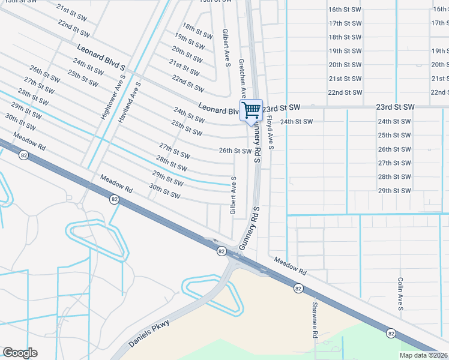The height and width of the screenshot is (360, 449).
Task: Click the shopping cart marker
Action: click(x=252, y=110)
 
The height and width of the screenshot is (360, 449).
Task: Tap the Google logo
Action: click(x=20, y=353)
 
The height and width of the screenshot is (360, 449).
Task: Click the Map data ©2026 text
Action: click(x=423, y=355)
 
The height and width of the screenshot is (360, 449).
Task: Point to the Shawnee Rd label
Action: click(x=314, y=320)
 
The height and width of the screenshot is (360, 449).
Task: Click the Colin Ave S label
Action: click(x=400, y=293)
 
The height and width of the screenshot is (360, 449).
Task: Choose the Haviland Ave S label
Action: click(x=129, y=103)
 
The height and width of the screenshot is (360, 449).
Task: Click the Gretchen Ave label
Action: click(x=243, y=78)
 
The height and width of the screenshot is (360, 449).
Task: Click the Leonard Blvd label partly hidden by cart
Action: click(x=220, y=108)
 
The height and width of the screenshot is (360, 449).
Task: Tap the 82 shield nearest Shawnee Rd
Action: click(x=298, y=289)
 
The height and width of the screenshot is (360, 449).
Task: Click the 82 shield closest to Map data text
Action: click(x=391, y=333)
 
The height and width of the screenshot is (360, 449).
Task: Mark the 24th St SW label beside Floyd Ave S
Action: click(x=297, y=122)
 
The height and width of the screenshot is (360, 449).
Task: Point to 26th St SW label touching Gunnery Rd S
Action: click(x=235, y=151)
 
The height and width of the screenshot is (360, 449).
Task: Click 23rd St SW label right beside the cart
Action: click(x=280, y=107)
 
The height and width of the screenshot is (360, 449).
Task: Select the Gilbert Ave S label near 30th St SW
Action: click(x=233, y=196)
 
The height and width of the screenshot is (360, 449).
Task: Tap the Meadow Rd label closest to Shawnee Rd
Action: click(x=290, y=266)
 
